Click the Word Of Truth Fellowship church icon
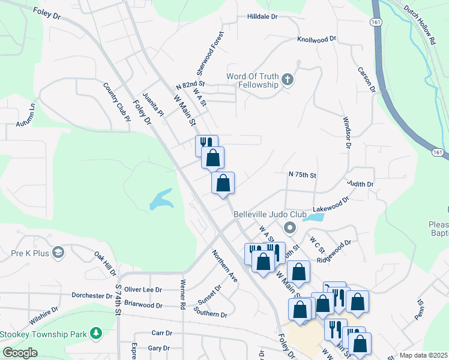pyautogui.click(x=288, y=79)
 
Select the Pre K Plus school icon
pyautogui.click(x=58, y=253)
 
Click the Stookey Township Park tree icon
pyautogui.click(x=95, y=333)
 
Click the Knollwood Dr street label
pyautogui.click(x=317, y=39)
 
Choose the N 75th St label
pyautogui.click(x=302, y=175)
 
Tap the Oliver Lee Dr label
pyautogui.click(x=143, y=289)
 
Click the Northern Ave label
pyautogui.click(x=224, y=266)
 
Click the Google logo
pyautogui.click(x=20, y=353)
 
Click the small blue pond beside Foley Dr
pyautogui.click(x=160, y=200)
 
